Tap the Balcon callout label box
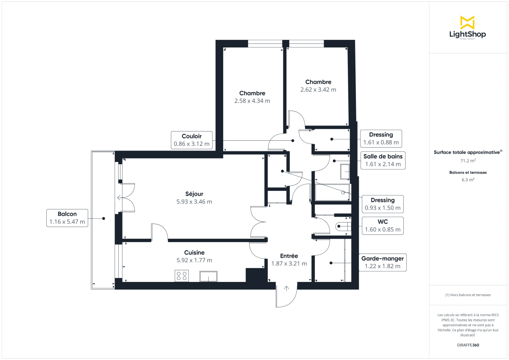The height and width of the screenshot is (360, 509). (x=67, y=218)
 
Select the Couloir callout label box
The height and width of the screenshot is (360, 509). (x=191, y=140)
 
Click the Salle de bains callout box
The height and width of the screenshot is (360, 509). (x=383, y=160)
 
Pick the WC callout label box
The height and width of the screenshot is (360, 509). (x=383, y=226)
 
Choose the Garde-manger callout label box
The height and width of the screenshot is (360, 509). (x=382, y=262)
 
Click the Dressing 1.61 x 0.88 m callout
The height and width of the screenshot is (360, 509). (x=381, y=139)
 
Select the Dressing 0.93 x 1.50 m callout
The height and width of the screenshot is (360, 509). (x=383, y=204)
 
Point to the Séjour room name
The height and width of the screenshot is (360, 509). (x=194, y=194)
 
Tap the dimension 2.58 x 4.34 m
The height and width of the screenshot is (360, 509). (x=252, y=101)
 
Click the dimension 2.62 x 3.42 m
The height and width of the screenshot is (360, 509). (x=318, y=89)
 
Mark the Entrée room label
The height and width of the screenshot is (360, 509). (x=289, y=256)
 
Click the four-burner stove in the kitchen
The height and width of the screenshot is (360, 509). (x=182, y=276)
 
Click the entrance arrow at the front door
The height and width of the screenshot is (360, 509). (x=286, y=289)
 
